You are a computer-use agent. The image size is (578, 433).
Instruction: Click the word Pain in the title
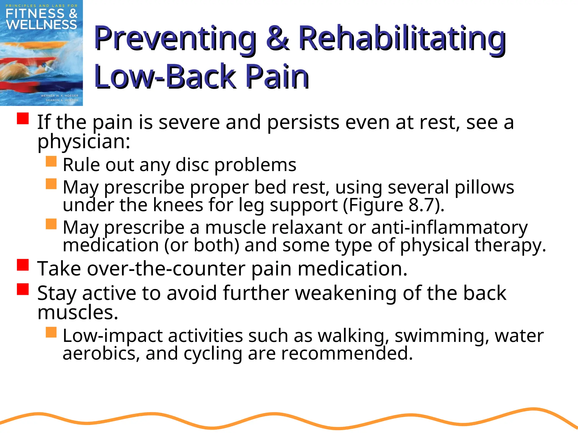click(277, 76)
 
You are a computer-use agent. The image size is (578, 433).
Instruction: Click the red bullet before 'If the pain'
click(23, 118)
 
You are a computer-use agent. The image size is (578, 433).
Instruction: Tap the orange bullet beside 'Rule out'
click(51, 161)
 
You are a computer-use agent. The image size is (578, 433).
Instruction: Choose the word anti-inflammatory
click(449, 228)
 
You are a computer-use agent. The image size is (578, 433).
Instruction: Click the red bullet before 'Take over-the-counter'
click(23, 265)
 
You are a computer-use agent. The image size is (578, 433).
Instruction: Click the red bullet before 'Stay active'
click(23, 289)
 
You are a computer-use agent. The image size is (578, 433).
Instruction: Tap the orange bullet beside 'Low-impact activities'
click(51, 332)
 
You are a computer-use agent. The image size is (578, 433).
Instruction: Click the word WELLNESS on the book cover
click(41, 25)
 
